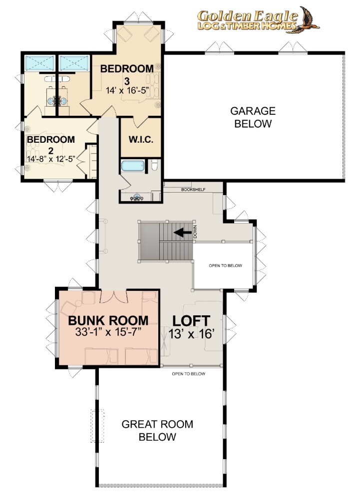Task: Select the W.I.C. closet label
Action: [141, 139]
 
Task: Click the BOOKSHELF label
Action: [193, 190]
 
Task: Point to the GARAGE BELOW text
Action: [253, 117]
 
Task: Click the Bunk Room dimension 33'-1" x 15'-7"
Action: [108, 332]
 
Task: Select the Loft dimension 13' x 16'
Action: [191, 334]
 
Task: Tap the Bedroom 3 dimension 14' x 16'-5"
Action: [127, 90]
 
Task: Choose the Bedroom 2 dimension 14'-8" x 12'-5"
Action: [51, 159]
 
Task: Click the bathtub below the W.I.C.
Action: [133, 166]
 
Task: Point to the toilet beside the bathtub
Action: [154, 165]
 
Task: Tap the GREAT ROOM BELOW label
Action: [157, 430]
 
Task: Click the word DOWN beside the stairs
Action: [195, 232]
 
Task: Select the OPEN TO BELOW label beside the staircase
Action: [225, 265]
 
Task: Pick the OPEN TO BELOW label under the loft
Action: [188, 374]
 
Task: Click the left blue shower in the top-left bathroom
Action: [40, 63]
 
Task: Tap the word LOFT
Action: [191, 321]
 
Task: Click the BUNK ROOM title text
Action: [108, 320]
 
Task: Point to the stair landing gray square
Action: [150, 241]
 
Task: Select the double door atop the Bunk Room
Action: [114, 296]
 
